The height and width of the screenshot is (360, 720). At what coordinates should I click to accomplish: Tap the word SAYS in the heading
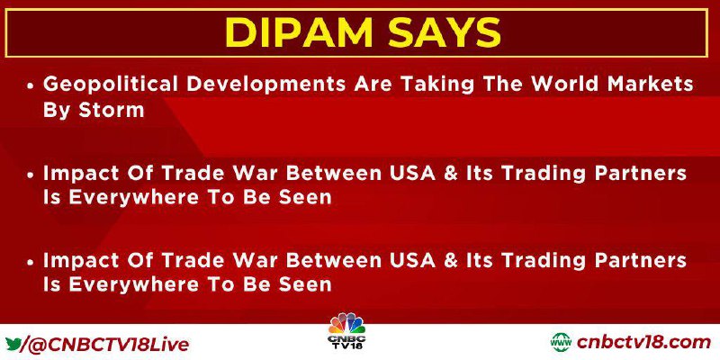[x=444, y=33]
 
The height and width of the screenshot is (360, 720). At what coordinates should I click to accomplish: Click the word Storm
[x=112, y=110]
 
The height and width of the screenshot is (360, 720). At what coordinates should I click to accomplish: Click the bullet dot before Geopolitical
[x=31, y=86]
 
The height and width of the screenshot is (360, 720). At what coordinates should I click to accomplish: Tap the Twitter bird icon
[x=13, y=344]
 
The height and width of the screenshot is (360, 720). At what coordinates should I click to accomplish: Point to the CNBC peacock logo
[x=347, y=324]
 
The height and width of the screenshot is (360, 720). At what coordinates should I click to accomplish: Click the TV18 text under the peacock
[x=347, y=344]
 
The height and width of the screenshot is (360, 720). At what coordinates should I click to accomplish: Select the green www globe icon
[x=561, y=343]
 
